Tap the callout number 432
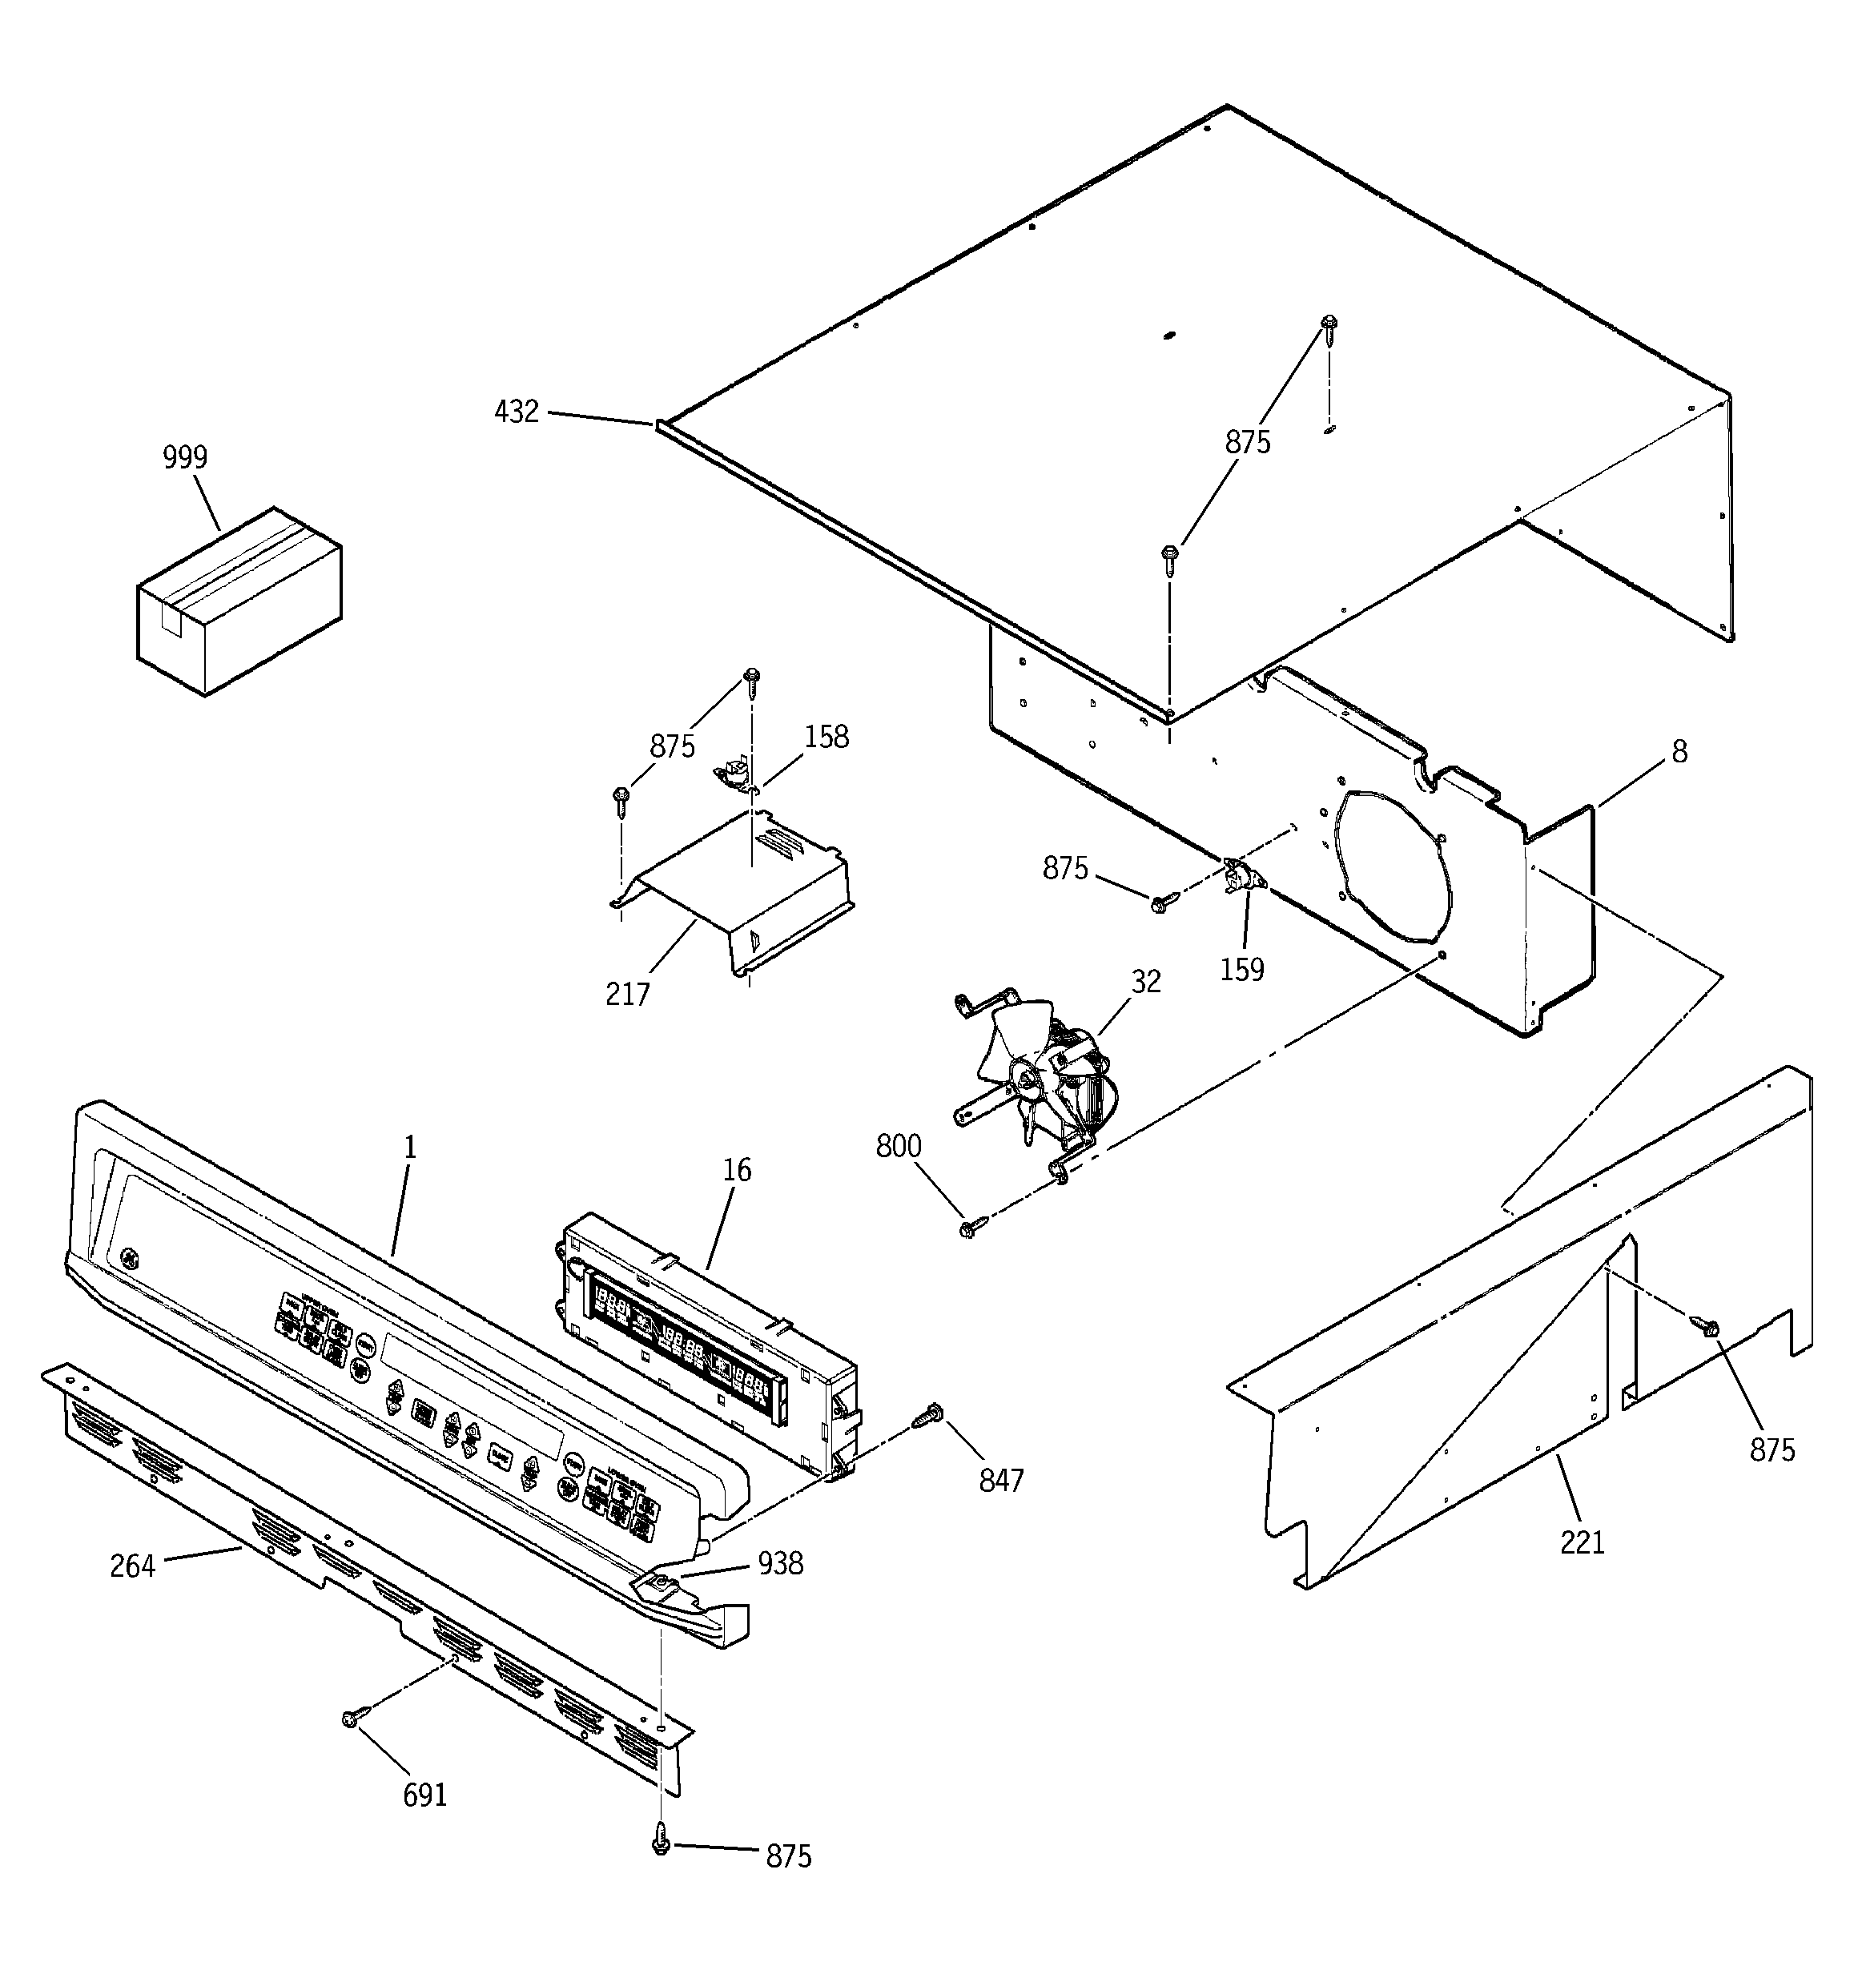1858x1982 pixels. click(x=517, y=412)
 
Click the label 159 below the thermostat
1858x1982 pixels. click(x=1241, y=969)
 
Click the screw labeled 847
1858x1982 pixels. click(x=930, y=1413)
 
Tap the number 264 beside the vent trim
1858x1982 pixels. click(x=133, y=1566)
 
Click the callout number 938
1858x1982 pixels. click(x=780, y=1563)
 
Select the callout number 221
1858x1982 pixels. click(x=1582, y=1542)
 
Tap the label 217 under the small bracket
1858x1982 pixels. click(x=627, y=994)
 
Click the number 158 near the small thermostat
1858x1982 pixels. click(x=826, y=737)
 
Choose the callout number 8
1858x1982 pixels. click(x=1679, y=752)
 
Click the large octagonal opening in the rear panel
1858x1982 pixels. click(x=1390, y=867)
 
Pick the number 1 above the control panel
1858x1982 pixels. click(x=410, y=1148)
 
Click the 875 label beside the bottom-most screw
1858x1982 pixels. click(x=788, y=1856)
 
